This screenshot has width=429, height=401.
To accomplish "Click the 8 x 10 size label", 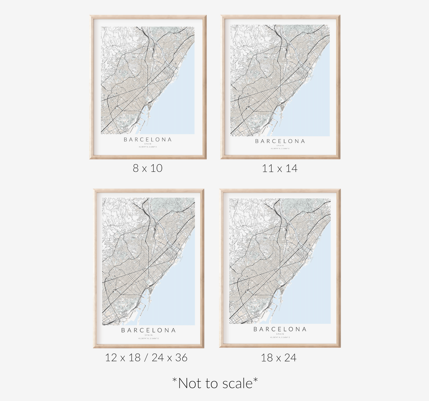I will click(148, 168).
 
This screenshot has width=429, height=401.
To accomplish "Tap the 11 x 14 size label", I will click(280, 168).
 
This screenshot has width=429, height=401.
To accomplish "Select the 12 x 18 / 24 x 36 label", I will click(146, 357).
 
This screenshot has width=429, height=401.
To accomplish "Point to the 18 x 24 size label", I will click(279, 358).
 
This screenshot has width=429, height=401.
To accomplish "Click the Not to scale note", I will click(215, 383).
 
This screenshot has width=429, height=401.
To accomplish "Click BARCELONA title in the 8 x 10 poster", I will click(148, 139).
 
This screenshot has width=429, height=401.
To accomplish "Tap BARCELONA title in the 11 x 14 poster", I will click(280, 141).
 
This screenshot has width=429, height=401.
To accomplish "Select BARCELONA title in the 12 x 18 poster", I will click(148, 330).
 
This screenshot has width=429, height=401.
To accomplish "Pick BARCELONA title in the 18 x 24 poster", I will click(280, 329).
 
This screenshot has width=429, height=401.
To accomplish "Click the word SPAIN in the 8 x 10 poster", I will click(148, 144).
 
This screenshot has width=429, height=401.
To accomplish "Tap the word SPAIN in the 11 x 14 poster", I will click(280, 146).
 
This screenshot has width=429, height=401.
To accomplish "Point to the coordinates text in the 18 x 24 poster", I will click(280, 337).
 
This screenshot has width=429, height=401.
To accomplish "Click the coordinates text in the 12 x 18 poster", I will click(148, 338).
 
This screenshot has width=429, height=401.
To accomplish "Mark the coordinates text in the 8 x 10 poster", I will click(148, 147).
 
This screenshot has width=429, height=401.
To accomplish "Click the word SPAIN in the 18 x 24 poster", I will click(280, 334).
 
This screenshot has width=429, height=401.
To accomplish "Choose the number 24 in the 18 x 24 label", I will click(290, 358).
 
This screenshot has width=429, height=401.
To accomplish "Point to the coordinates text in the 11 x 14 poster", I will click(280, 149).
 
